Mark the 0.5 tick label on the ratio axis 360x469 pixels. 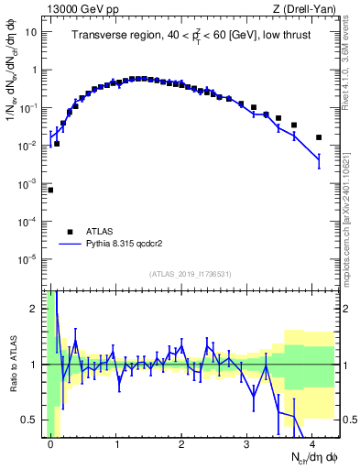tap(31, 420)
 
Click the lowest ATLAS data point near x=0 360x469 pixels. tap(50, 190)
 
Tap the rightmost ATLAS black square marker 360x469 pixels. tap(319, 137)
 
